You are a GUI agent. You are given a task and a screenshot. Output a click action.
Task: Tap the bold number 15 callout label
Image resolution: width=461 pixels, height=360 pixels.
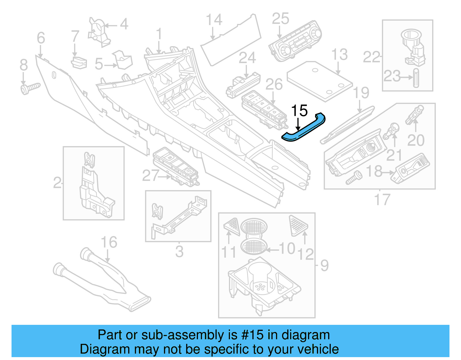[299, 111]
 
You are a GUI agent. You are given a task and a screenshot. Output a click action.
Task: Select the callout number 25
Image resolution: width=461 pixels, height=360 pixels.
[280, 19]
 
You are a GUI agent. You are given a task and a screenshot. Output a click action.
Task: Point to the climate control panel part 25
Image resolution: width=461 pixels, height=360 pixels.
[295, 42]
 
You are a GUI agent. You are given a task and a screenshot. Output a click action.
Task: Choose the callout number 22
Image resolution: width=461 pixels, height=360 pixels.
[371, 57]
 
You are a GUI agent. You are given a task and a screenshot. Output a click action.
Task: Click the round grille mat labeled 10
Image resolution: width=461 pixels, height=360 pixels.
[254, 246]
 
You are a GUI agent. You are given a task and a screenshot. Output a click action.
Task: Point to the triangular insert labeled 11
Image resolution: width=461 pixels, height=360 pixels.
[232, 226]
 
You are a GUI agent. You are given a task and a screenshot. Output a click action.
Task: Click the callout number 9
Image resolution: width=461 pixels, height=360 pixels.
[324, 265]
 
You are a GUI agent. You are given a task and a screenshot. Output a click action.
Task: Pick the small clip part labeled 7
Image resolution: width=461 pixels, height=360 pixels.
[79, 63]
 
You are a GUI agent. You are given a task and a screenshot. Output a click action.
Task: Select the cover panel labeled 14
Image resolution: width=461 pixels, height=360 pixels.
[231, 43]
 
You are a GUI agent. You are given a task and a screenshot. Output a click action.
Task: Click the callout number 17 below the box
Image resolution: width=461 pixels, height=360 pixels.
[382, 199]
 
